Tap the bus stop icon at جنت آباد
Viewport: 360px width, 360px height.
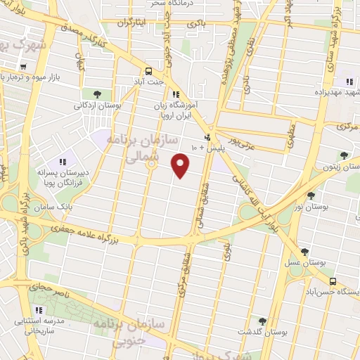148,71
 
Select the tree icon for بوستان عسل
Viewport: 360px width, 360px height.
304,251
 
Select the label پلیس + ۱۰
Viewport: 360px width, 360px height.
208,148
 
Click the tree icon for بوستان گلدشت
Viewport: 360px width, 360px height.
262,321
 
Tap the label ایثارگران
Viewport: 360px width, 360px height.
134,22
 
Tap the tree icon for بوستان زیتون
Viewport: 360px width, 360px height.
343,156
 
